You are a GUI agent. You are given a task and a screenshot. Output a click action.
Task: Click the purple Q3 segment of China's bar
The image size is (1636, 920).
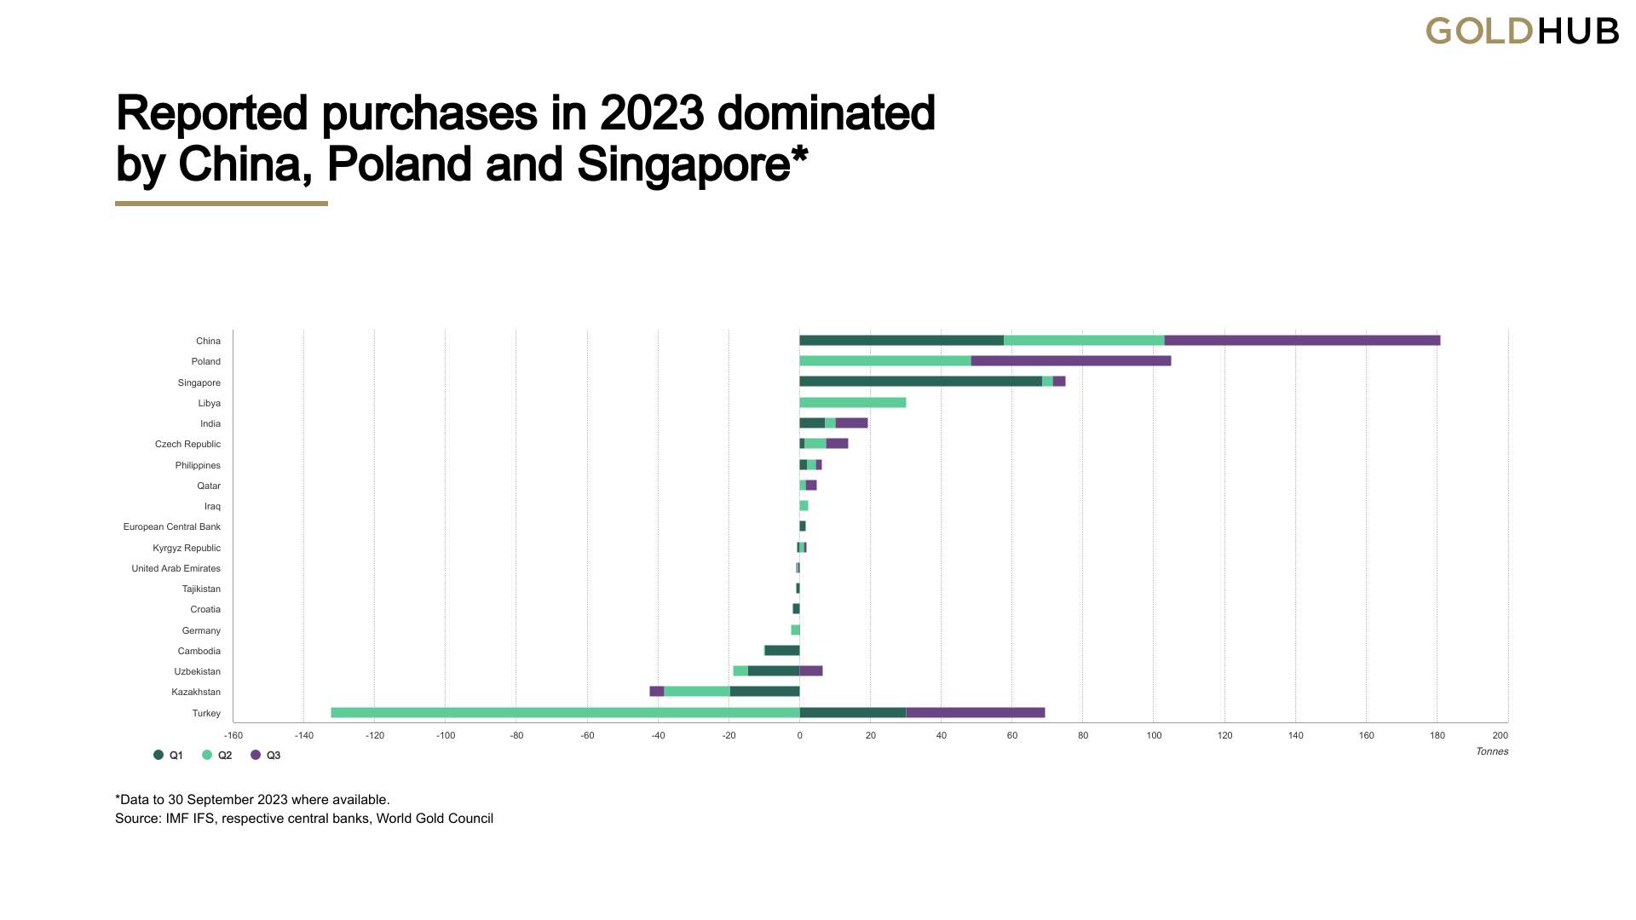pyautogui.click(x=1302, y=341)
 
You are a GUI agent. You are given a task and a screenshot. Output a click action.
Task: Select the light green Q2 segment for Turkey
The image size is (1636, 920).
pyautogui.click(x=565, y=713)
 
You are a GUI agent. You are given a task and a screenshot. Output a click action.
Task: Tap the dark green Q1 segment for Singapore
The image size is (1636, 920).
pyautogui.click(x=920, y=382)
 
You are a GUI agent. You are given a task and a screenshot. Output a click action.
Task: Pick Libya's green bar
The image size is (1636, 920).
pyautogui.click(x=852, y=403)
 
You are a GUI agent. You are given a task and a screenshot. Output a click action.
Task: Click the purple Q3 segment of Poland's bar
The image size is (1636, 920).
pyautogui.click(x=1071, y=361)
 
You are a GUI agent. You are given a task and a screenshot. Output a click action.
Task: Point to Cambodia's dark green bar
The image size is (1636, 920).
pyautogui.click(x=782, y=651)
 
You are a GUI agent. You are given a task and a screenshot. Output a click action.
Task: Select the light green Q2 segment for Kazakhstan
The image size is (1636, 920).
pyautogui.click(x=697, y=692)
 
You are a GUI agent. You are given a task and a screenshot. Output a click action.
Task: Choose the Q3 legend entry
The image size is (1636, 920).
pyautogui.click(x=266, y=756)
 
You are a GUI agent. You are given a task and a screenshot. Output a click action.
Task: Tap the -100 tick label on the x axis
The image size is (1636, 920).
pyautogui.click(x=446, y=736)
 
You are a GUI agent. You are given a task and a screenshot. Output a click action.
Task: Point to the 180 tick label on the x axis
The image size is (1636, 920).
pyautogui.click(x=1437, y=736)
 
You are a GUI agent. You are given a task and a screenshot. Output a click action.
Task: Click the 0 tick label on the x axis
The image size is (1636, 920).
pyautogui.click(x=799, y=736)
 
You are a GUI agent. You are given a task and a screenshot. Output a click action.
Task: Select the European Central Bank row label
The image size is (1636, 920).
pyautogui.click(x=172, y=527)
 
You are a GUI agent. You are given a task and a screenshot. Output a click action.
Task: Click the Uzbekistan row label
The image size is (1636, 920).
pyautogui.click(x=198, y=672)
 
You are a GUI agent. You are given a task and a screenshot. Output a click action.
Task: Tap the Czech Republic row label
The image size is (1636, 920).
pyautogui.click(x=187, y=445)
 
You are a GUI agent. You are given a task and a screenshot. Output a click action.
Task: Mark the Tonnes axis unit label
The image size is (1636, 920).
pyautogui.click(x=1492, y=751)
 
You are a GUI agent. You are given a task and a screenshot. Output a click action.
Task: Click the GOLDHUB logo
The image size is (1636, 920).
pyautogui.click(x=1522, y=32)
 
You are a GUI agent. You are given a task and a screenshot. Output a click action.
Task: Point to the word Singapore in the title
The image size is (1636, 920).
pyautogui.click(x=683, y=164)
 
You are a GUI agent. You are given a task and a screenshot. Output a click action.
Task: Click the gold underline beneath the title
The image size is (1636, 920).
pyautogui.click(x=222, y=204)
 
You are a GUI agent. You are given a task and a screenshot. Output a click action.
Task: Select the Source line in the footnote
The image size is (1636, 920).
pyautogui.click(x=304, y=819)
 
